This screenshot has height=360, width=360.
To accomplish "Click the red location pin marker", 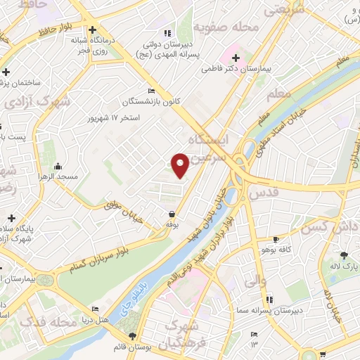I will (x=180, y=165).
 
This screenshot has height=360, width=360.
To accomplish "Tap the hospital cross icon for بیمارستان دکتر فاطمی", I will (x=236, y=58).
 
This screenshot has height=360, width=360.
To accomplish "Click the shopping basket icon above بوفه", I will (x=172, y=214).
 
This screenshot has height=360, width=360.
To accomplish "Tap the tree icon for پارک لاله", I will (x=343, y=256).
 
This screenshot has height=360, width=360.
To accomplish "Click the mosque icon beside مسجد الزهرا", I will (x=58, y=167).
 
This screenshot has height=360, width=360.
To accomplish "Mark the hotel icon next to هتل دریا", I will (x=96, y=309).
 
